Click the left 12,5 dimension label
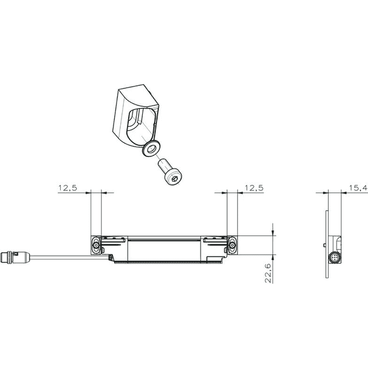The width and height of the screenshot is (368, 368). pyautogui.click(x=67, y=188)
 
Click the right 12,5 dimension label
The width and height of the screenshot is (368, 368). pyautogui.click(x=254, y=188)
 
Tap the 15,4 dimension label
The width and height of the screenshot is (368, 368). pyautogui.click(x=358, y=188)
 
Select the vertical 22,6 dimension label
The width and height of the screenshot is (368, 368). pyautogui.click(x=268, y=273)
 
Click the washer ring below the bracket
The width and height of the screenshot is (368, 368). pyautogui.click(x=151, y=148)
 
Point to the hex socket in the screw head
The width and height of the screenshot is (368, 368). pyautogui.click(x=175, y=179)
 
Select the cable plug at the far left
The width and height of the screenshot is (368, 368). pyautogui.click(x=15, y=257)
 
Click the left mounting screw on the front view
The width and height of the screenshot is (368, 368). pyautogui.click(x=96, y=245)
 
